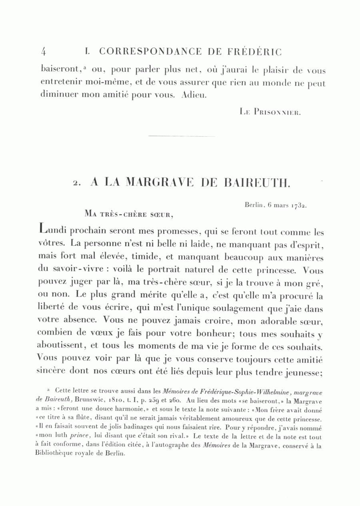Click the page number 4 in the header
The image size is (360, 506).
pos(44,52)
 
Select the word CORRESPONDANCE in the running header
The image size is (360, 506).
pos(150,52)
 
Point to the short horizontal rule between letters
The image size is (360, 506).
pos(181,136)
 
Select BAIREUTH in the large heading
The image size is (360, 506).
pos(256,183)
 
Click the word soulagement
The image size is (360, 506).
pos(233,309)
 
